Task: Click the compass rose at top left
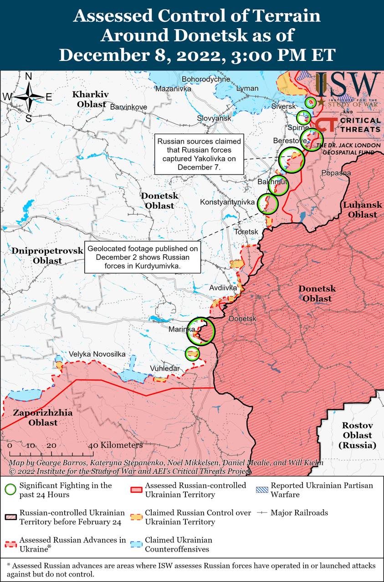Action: pos(28,97)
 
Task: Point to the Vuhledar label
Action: pos(165,368)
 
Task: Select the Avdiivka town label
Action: pos(223,288)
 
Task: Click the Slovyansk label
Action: pos(214,118)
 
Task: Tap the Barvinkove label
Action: pos(129,107)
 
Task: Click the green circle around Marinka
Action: pos(201,331)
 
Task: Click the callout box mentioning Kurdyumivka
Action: pos(143,257)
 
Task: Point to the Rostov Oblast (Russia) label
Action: pos(358,436)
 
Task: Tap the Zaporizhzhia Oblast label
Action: pos(36,418)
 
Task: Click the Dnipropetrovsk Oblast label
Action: pos(47,256)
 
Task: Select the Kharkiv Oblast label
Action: pos(91,99)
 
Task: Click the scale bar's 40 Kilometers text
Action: pos(116,445)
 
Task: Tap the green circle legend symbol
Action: pos(10,490)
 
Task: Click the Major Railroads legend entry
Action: pos(299,512)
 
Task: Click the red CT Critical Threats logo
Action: pos(327,126)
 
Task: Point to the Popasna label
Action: pos(336,173)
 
